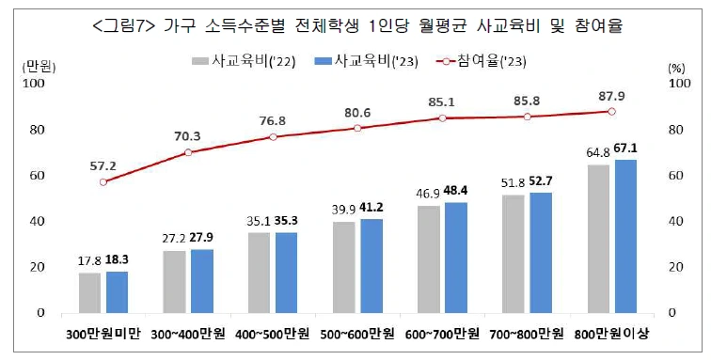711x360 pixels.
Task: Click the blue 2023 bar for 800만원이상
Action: [x=625, y=236]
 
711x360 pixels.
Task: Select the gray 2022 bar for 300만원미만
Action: [x=89, y=293]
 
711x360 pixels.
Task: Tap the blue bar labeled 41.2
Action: [x=371, y=266]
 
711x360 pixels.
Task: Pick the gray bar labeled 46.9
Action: [x=429, y=259]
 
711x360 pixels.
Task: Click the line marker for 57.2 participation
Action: [x=103, y=181]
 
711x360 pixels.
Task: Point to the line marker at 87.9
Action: [x=611, y=112]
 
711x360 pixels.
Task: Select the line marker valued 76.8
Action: [x=273, y=137]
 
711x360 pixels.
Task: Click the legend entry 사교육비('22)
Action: [x=244, y=61]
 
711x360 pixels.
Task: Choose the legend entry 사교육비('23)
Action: [x=366, y=61]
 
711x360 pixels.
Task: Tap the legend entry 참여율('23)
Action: [x=481, y=61]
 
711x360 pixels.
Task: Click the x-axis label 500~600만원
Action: [x=357, y=335]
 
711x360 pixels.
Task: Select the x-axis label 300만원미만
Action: [x=103, y=335]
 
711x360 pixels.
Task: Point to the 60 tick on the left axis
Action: [x=38, y=176]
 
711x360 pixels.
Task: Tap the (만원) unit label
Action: [x=39, y=68]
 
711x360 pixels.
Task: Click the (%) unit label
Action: [x=676, y=69]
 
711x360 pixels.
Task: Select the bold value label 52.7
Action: [x=541, y=181]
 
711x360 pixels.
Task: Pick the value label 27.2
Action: [x=174, y=238]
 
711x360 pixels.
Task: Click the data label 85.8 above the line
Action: [x=528, y=101]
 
